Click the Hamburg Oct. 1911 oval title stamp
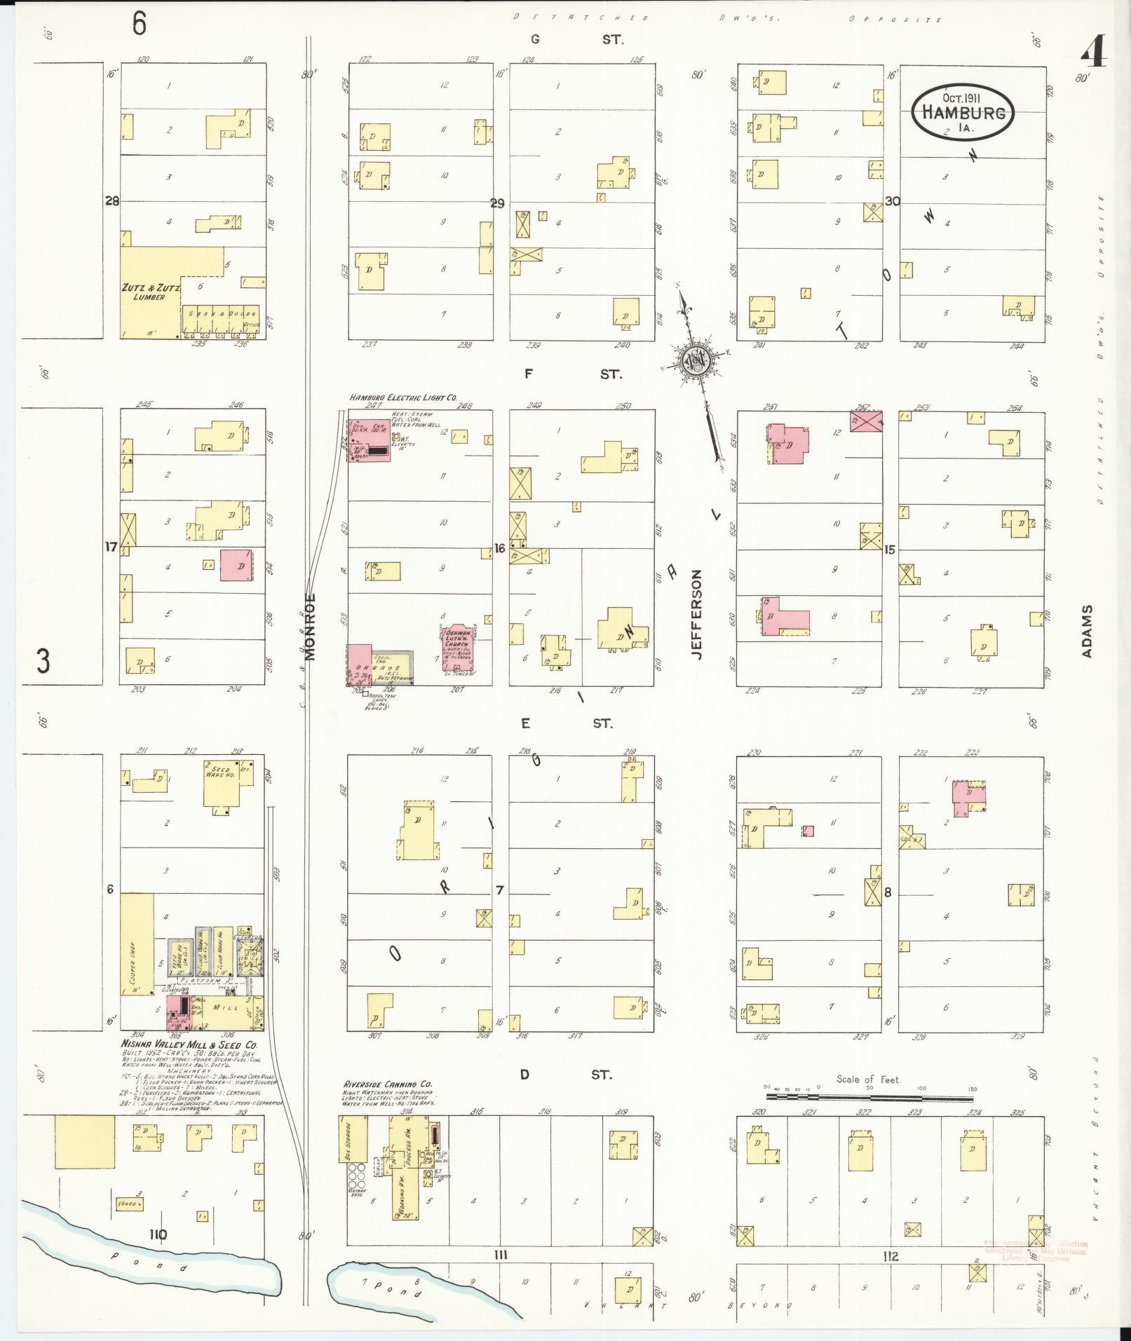[x=963, y=111]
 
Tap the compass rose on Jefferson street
[x=698, y=360]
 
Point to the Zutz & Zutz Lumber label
[x=150, y=292]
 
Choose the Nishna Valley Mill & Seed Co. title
[x=189, y=1044]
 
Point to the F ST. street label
[x=572, y=374]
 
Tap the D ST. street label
[x=566, y=1074]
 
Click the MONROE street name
[x=311, y=626]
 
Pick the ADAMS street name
[x=1087, y=631]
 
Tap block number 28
[x=111, y=201]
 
